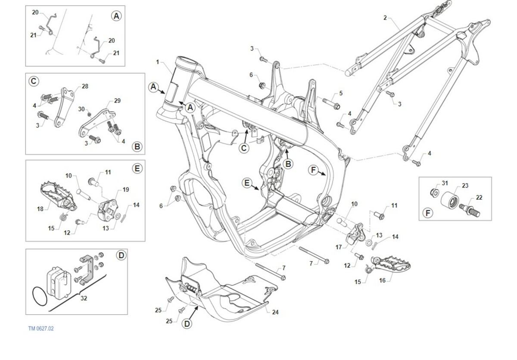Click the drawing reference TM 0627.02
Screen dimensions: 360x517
click(41, 329)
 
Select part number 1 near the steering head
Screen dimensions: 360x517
click(158, 62)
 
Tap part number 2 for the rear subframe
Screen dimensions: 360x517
click(385, 18)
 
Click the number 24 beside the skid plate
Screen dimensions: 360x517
click(275, 312)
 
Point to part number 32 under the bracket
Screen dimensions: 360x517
click(84, 298)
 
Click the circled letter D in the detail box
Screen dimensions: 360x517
click(121, 256)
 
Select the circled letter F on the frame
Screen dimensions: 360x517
click(314, 170)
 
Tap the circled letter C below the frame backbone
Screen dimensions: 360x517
click(244, 148)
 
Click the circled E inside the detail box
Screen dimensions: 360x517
click(137, 168)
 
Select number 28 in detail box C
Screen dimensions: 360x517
click(85, 86)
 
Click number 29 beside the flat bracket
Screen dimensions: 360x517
click(117, 101)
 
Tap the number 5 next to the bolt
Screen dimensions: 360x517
click(340, 93)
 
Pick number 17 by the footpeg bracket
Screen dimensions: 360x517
click(339, 247)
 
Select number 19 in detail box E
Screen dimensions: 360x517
click(126, 189)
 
